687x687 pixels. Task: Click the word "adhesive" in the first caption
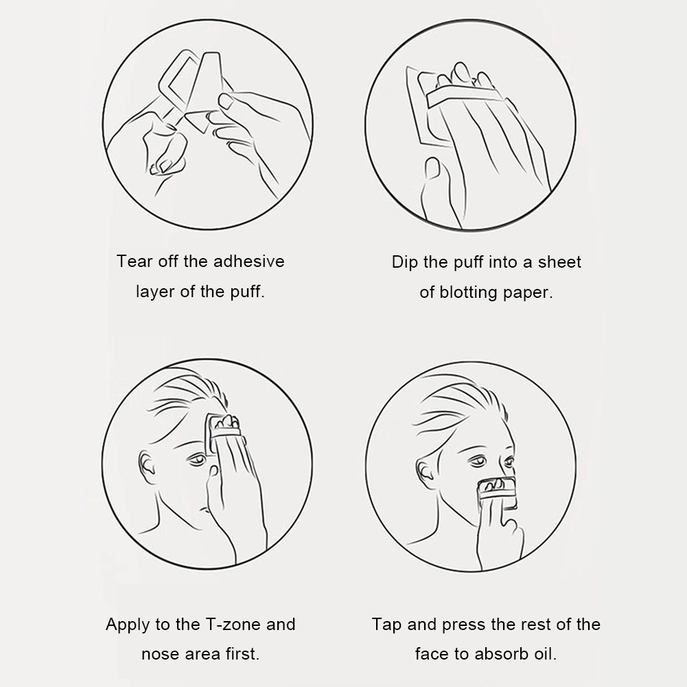pos(249,261)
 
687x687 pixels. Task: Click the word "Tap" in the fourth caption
pos(386,625)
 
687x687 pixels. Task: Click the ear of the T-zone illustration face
pos(147,466)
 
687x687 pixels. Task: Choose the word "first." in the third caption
pos(242,654)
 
